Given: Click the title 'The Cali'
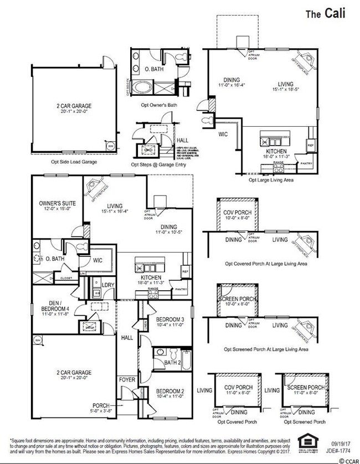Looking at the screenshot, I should [x=326, y=14].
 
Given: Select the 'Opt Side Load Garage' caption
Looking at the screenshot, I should [x=74, y=162].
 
